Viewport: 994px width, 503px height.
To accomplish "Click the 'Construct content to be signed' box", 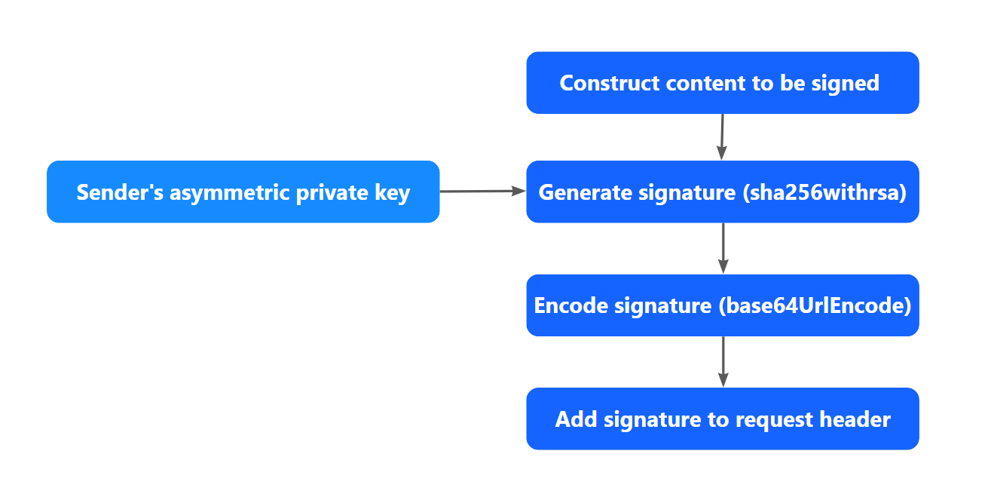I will (722, 83).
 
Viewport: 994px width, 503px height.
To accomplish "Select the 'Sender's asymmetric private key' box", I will (243, 192).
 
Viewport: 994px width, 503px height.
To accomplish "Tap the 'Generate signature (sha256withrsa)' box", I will (722, 192).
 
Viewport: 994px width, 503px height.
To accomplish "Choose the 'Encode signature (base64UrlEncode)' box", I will (722, 305).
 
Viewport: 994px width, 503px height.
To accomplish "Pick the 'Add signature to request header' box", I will (722, 419).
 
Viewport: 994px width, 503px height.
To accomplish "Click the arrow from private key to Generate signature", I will (482, 192).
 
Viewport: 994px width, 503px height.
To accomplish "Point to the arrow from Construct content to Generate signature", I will (722, 136).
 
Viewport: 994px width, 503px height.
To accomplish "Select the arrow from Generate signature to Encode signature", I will (723, 248).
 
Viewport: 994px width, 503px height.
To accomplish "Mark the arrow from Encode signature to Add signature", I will (723, 361).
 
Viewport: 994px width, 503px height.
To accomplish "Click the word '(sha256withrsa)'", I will (824, 193).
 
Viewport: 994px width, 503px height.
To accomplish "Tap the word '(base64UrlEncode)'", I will (814, 306).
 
